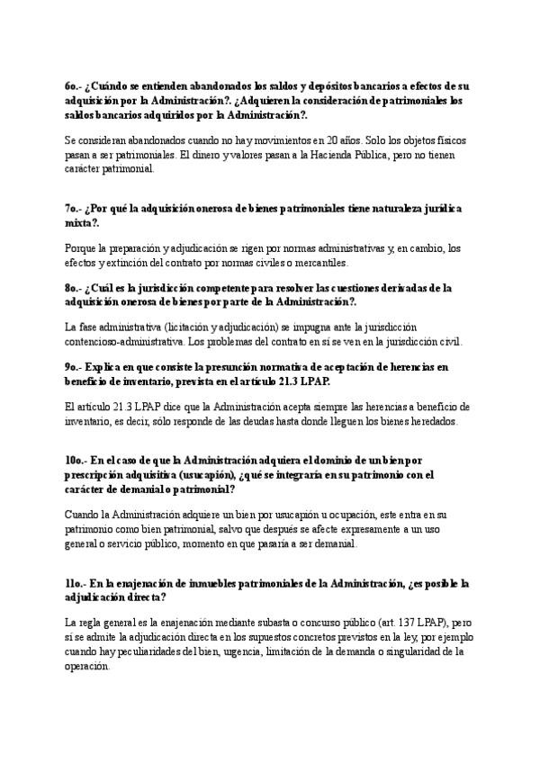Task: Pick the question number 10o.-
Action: [x=76, y=461]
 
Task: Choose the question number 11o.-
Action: [x=76, y=584]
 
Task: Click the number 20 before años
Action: [x=334, y=141]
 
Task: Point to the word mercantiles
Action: [x=334, y=262]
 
